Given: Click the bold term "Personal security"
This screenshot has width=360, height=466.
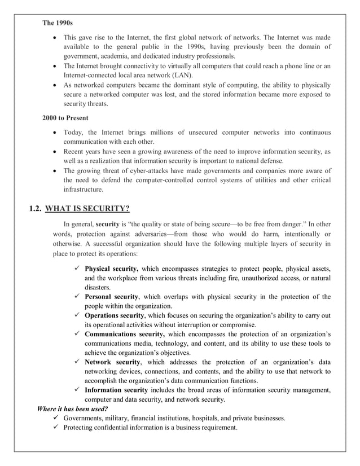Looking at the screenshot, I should click(111, 296).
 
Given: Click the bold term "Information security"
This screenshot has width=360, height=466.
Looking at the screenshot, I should click(116, 390).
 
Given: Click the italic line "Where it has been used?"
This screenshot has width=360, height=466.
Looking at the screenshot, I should click(72, 408).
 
